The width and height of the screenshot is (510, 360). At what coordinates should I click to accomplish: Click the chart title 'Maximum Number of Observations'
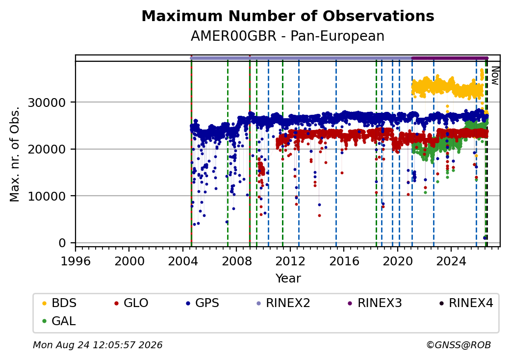(288, 16)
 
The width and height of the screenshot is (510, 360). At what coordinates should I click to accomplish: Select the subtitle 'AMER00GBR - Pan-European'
(287, 36)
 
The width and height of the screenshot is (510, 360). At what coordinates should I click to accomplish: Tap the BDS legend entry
(59, 303)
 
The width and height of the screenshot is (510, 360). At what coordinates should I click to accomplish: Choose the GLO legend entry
(131, 303)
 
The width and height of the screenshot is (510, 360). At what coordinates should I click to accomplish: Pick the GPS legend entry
(203, 303)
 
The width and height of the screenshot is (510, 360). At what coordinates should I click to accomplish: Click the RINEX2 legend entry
(283, 303)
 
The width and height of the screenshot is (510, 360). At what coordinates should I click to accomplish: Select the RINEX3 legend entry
(375, 303)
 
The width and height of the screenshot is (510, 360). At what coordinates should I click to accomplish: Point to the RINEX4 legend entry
(466, 303)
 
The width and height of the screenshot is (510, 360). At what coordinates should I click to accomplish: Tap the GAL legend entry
(59, 321)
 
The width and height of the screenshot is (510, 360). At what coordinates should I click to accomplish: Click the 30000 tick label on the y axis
(47, 103)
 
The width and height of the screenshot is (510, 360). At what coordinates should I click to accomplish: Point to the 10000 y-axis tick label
(47, 196)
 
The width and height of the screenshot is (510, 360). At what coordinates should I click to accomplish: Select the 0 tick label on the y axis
(62, 243)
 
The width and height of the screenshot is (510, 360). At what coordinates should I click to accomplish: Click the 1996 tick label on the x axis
(76, 261)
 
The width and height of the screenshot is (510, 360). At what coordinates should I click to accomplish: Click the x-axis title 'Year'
(288, 279)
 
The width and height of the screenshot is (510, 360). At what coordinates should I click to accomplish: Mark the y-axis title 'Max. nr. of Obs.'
(15, 154)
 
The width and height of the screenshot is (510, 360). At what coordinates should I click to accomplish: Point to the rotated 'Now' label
(495, 76)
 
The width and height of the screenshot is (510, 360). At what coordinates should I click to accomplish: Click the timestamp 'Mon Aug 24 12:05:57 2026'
(98, 345)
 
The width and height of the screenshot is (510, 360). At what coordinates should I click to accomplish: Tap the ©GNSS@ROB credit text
(459, 345)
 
